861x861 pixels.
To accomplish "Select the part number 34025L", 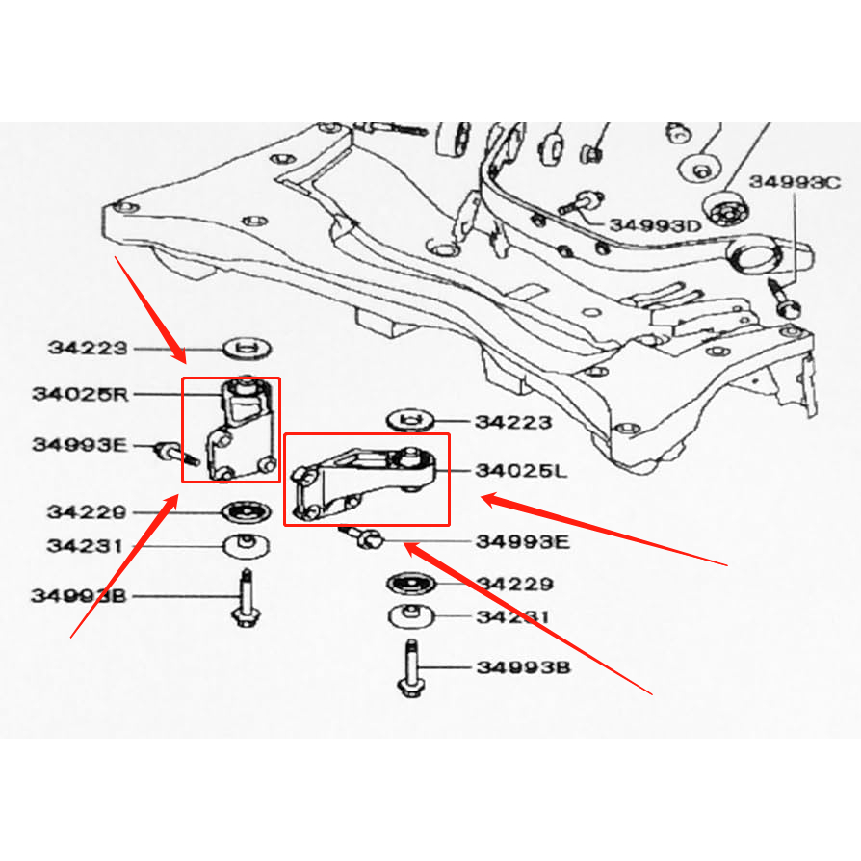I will [521, 472].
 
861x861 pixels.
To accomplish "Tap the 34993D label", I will [656, 225].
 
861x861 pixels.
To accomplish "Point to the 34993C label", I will [795, 181].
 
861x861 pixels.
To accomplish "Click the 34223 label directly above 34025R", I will [87, 347].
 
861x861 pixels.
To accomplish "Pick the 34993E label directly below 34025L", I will [522, 541].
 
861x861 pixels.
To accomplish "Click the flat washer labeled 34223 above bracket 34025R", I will [247, 345].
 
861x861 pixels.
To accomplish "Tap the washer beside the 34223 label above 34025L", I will [409, 420].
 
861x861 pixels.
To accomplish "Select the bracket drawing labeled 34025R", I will [235, 429].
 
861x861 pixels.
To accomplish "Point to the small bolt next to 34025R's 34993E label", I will [173, 451].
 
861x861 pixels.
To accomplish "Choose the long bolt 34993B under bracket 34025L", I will [408, 666].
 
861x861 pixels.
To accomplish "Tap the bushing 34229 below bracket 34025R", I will [246, 510].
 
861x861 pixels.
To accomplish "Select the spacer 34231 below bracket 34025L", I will [411, 616].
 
